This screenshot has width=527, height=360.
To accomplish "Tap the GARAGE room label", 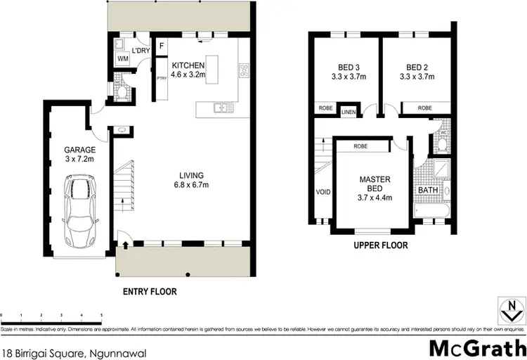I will (79, 150).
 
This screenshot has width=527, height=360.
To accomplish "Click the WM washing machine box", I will (122, 59).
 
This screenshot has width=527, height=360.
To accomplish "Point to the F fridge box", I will (161, 46).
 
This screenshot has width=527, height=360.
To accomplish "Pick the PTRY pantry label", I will (161, 78).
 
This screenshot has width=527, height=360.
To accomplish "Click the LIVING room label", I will (191, 175).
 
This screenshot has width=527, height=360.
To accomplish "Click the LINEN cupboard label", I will (348, 112).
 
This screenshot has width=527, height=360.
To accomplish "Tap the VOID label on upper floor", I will (323, 191).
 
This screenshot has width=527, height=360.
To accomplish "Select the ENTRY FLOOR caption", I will (150, 291).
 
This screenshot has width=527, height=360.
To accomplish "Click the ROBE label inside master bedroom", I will (361, 146).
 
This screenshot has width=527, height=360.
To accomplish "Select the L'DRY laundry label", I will (141, 50).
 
